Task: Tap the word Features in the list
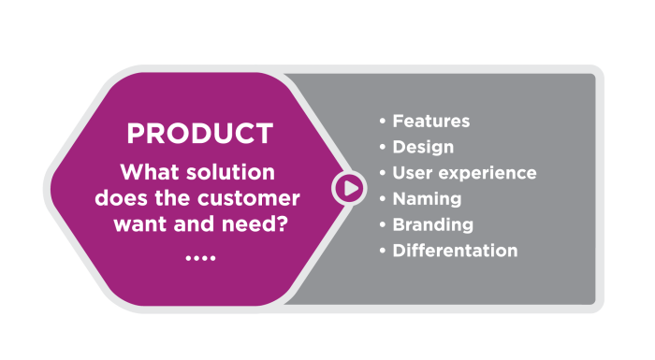[x=430, y=122]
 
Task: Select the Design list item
[x=423, y=148]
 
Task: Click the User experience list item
[x=464, y=174]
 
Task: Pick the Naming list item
[x=427, y=199]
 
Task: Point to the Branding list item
[x=432, y=225]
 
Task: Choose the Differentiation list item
[x=455, y=251]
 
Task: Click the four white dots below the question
[x=199, y=255]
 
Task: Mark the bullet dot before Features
[x=382, y=122]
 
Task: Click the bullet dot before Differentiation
[x=382, y=252]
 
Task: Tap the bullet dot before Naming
[x=382, y=200]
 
